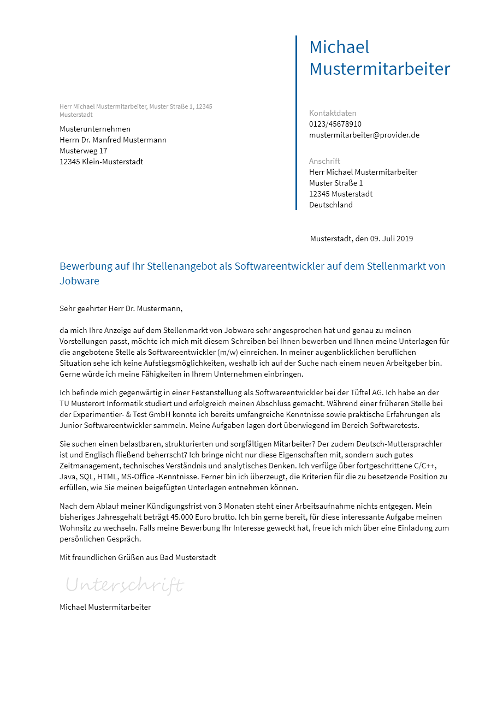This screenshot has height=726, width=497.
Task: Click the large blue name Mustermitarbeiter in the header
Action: [x=380, y=69]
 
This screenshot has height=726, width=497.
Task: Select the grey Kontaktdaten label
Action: [x=333, y=113]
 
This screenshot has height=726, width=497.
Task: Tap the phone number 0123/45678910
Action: [x=335, y=124]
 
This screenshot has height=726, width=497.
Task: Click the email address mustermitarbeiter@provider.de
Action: [x=364, y=135]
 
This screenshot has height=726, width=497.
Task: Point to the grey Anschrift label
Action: [x=324, y=161]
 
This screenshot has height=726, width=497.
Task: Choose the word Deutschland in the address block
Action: [x=331, y=205]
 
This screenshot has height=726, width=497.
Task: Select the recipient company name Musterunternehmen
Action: [x=95, y=129]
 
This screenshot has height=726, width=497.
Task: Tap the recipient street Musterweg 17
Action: [x=84, y=151]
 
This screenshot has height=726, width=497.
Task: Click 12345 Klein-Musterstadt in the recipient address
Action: [x=102, y=162]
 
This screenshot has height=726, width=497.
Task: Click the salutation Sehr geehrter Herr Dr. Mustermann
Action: [x=121, y=308]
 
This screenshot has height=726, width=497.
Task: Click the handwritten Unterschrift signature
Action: [x=125, y=585]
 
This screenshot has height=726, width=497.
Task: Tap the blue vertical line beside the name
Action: [x=296, y=123]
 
